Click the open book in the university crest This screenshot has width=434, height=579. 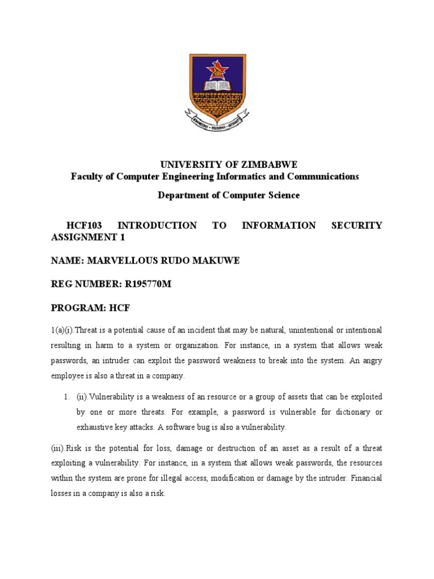point(216,87)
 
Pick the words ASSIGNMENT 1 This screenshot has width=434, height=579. point(88,237)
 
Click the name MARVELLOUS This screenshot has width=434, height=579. point(120,261)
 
